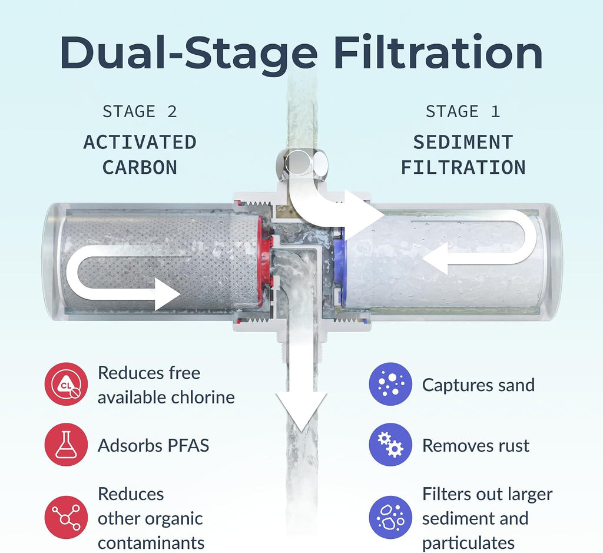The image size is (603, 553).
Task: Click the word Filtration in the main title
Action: click(438, 52)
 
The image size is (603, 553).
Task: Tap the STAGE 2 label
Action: click(140, 111)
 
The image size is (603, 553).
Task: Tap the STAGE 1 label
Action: click(463, 111)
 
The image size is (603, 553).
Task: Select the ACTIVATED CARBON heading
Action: click(140, 155)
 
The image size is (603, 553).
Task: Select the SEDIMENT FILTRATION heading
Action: click(463, 155)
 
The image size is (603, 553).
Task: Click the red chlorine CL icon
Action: click(66, 384)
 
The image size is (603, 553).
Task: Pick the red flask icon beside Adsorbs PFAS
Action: click(66, 445)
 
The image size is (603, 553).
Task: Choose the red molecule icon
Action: click(66, 517)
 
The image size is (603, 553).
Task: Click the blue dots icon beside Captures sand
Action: click(390, 384)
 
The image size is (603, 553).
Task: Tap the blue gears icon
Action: click(390, 445)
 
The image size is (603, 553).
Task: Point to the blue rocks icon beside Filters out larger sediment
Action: click(390, 517)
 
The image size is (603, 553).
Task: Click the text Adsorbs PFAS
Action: click(154, 445)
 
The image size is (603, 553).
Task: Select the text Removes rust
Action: click(476, 445)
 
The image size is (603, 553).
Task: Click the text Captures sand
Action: click(478, 385)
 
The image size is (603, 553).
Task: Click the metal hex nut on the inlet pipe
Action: click(302, 164)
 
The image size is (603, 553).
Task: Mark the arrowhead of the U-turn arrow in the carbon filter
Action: click(167, 294)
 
